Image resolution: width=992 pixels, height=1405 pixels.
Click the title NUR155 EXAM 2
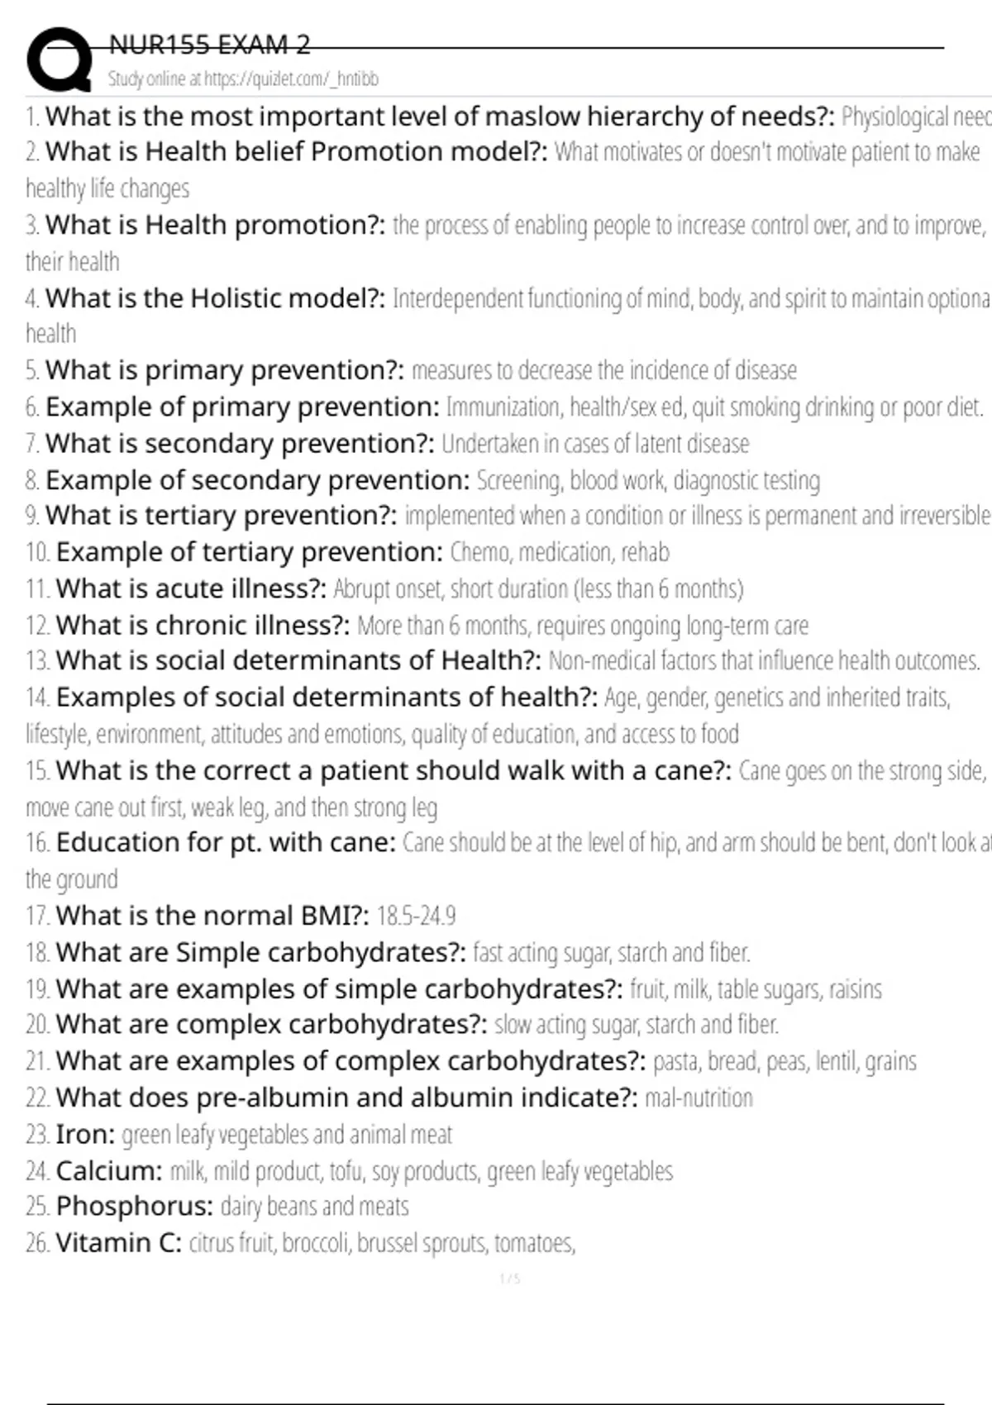click(x=210, y=45)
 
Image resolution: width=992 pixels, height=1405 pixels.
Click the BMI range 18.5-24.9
click(x=416, y=916)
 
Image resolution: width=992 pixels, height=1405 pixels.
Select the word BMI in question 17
click(x=317, y=916)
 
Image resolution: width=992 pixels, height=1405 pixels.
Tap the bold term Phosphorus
click(x=135, y=1207)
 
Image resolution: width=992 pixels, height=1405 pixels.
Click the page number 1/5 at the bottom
click(x=510, y=1279)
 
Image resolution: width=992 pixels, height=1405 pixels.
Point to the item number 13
click(x=37, y=661)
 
